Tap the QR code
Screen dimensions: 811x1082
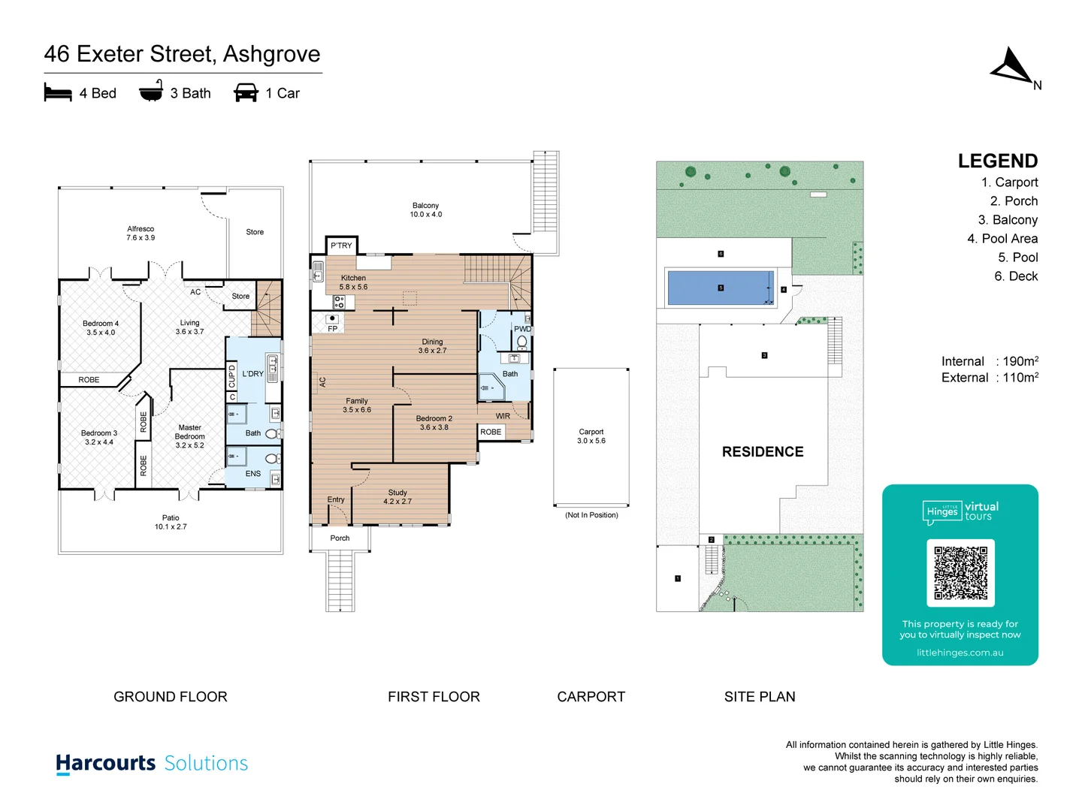[x=960, y=572]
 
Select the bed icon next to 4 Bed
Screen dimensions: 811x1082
[x=58, y=93]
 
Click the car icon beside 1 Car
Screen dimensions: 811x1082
[x=246, y=93]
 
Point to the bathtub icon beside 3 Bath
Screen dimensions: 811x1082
[x=151, y=92]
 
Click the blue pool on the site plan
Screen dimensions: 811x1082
[x=720, y=288]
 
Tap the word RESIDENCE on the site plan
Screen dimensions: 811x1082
[x=763, y=451]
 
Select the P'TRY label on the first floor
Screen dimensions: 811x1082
[x=341, y=246]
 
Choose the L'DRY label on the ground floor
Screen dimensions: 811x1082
[x=252, y=373]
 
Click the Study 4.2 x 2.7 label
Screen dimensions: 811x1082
[x=397, y=497]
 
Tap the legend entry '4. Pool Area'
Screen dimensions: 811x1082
[x=1002, y=239]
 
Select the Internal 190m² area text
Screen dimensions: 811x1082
[x=990, y=361]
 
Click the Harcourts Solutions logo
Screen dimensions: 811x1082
[x=152, y=763]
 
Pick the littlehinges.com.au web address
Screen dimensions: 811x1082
[x=960, y=653]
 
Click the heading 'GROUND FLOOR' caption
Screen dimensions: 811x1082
[x=171, y=697]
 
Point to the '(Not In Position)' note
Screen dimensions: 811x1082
[x=591, y=515]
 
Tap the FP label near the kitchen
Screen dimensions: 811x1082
[x=332, y=329]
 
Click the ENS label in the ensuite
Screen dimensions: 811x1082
[x=253, y=474]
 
